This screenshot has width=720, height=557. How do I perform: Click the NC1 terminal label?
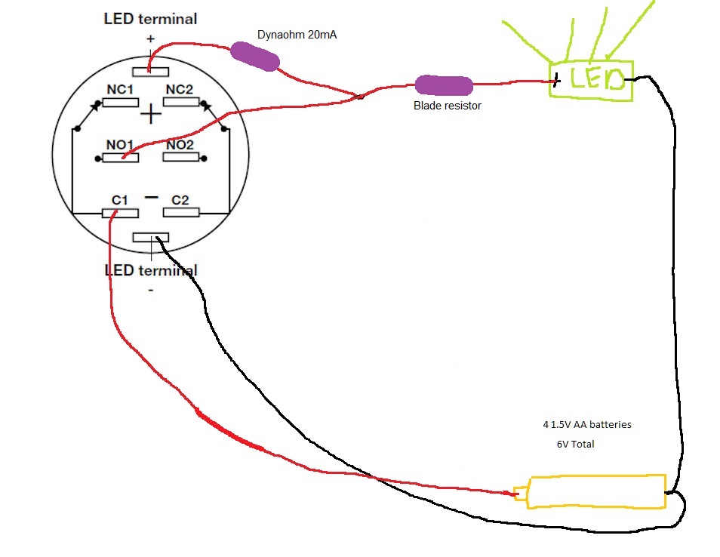120,89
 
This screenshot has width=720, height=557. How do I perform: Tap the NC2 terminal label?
180,89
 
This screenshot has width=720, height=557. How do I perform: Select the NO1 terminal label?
120,144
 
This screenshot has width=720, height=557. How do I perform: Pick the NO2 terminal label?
181,144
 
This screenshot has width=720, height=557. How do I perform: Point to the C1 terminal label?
118,200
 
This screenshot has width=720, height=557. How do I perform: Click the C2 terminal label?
180,200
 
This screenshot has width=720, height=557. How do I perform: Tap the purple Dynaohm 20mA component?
254,57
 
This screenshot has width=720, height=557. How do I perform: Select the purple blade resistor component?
444,85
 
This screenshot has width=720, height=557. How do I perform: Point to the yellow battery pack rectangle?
597,491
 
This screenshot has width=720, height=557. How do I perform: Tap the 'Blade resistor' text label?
447,106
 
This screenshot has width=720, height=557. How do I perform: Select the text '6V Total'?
575,445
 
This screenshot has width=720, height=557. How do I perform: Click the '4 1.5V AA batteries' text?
586,425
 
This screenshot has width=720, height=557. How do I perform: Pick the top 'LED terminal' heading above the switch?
150,19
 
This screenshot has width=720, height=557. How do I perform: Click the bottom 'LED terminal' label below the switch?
150,270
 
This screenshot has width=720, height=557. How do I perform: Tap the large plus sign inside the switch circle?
152,115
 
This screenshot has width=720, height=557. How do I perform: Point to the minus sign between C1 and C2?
151,197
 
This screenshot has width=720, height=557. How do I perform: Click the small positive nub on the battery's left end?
521,494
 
